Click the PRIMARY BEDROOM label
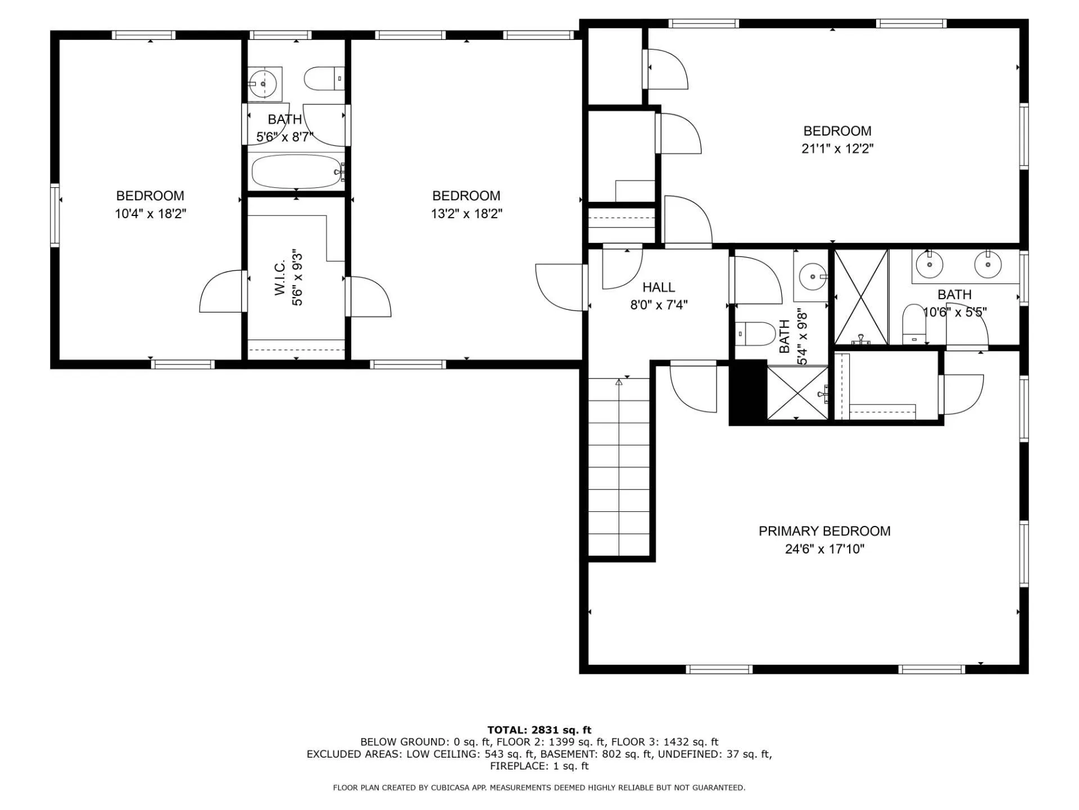click(824, 531)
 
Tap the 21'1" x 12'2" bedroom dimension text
click(837, 149)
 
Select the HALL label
click(658, 287)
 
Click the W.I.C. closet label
click(280, 277)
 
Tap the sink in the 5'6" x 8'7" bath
click(263, 84)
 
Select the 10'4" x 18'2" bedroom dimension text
click(150, 214)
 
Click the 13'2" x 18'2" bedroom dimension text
click(466, 214)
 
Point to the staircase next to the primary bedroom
click(619, 467)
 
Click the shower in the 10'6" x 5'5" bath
click(860, 296)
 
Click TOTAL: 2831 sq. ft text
click(539, 730)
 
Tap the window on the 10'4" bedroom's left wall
click(55, 215)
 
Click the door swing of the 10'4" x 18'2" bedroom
click(221, 292)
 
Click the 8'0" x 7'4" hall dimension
click(658, 305)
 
